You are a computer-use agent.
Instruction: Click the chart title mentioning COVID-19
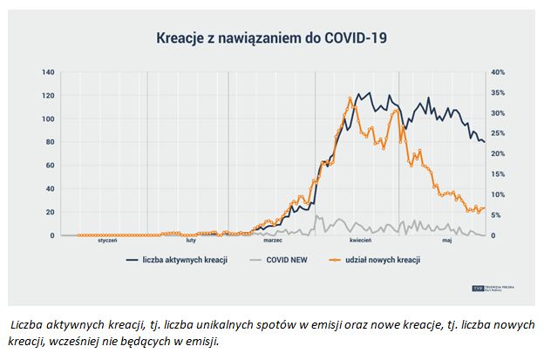tap(271, 37)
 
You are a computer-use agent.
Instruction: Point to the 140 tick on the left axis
tap(49, 72)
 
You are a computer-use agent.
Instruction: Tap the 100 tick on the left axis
tap(49, 119)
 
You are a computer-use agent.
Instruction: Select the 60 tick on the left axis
tap(50, 166)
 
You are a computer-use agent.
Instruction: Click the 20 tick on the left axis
tap(50, 213)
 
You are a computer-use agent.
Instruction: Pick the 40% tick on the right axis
tap(499, 72)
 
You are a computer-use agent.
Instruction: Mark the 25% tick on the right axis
tap(499, 133)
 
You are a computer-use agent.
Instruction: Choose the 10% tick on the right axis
tap(499, 194)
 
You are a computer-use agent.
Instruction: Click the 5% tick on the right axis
tap(497, 215)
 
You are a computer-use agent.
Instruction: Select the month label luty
tap(191, 241)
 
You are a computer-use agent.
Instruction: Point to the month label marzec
tap(272, 241)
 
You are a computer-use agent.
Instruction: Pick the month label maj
tap(446, 241)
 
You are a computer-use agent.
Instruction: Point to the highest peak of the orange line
tap(350, 99)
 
